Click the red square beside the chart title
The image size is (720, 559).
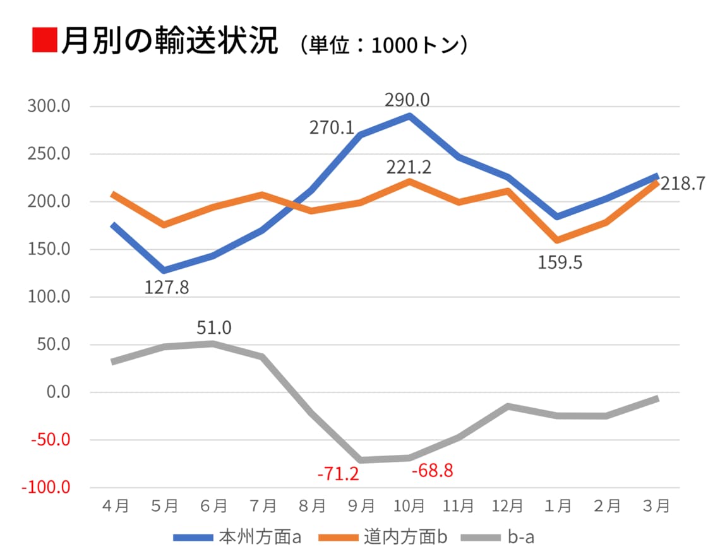(x=44, y=40)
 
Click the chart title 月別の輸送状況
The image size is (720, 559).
(x=169, y=42)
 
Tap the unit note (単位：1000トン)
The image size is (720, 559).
(x=384, y=45)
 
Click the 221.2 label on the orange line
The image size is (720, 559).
(x=409, y=168)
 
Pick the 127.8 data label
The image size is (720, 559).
(x=167, y=287)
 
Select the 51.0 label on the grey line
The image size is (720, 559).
(x=213, y=327)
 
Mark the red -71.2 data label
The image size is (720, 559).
(x=338, y=473)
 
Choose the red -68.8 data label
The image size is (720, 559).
(x=432, y=471)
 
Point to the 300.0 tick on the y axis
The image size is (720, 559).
(x=49, y=106)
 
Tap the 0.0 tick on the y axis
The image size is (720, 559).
(x=56, y=392)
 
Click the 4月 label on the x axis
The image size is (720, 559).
(x=114, y=506)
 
